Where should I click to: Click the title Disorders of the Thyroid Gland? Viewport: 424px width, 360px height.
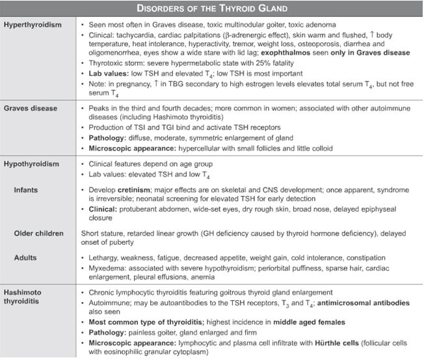click(211, 8)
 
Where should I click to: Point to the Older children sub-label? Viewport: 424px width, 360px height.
click(40, 233)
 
